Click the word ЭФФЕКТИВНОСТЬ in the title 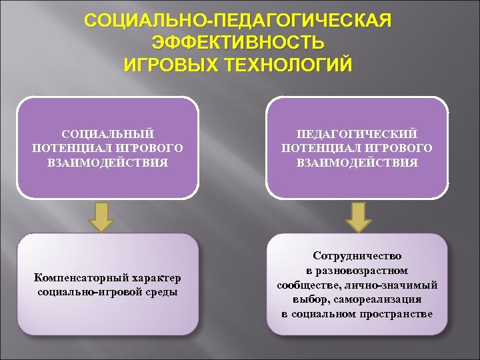[239, 43]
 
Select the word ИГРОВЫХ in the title [167, 65]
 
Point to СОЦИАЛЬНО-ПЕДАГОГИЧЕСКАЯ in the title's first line [239, 20]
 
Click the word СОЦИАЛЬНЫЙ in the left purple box [108, 134]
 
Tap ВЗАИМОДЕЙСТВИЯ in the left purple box [108, 162]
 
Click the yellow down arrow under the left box [101, 216]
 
